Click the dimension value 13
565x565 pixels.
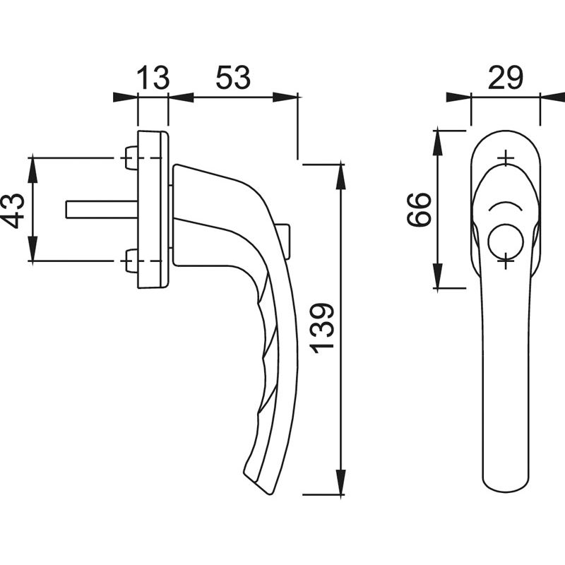click(x=153, y=78)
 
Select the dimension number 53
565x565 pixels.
click(x=233, y=78)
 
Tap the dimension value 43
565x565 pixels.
click(x=13, y=211)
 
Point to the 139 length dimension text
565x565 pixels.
click(x=322, y=328)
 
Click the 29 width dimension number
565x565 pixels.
click(x=505, y=78)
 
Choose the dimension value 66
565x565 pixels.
click(x=419, y=209)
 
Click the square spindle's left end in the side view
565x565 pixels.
click(x=66, y=209)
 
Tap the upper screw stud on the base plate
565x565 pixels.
click(x=131, y=157)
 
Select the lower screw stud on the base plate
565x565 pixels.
click(x=131, y=261)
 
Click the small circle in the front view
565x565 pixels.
click(x=506, y=241)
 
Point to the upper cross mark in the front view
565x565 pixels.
click(x=506, y=157)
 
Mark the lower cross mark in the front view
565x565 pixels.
click(x=506, y=260)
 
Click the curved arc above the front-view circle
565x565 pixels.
click(x=506, y=206)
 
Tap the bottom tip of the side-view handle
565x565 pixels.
click(x=270, y=494)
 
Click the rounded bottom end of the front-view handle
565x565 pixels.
click(x=506, y=488)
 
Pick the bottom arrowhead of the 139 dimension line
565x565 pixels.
click(x=341, y=482)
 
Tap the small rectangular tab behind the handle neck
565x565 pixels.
click(x=284, y=242)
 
